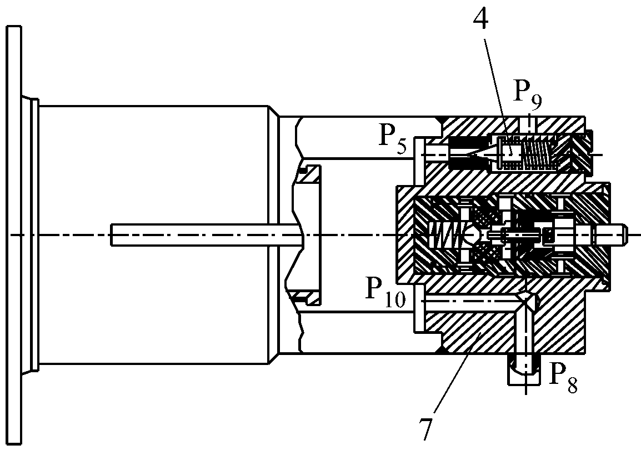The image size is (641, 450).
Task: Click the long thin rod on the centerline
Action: (207, 234)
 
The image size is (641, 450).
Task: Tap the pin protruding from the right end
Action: (612, 235)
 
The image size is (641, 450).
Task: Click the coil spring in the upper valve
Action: (539, 154)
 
